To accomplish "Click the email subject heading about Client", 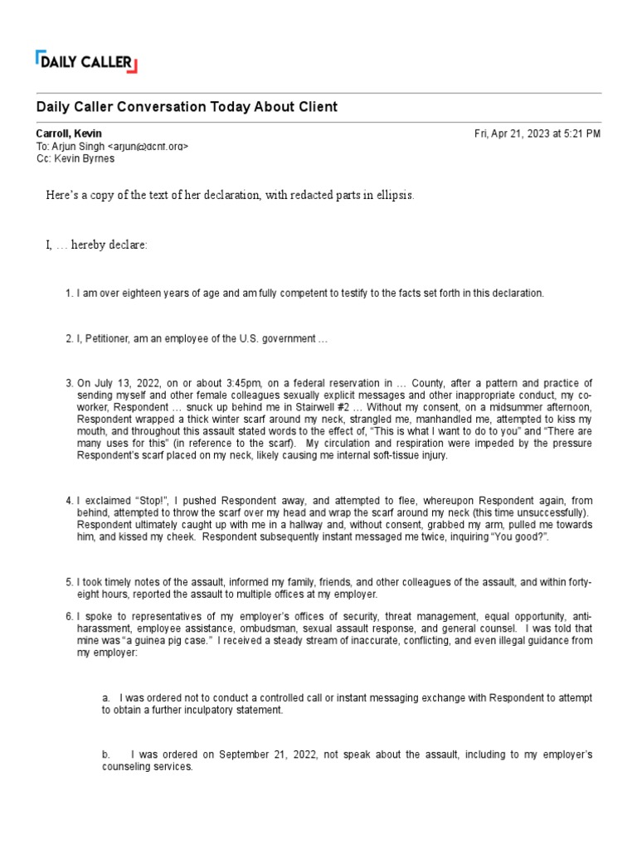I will click(187, 108).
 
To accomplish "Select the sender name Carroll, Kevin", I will click(69, 133).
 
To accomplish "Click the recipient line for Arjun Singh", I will click(112, 146).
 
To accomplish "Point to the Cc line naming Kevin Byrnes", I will click(82, 158).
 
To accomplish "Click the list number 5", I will click(70, 583).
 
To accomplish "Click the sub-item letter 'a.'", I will click(107, 698).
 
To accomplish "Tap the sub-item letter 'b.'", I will click(107, 755).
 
